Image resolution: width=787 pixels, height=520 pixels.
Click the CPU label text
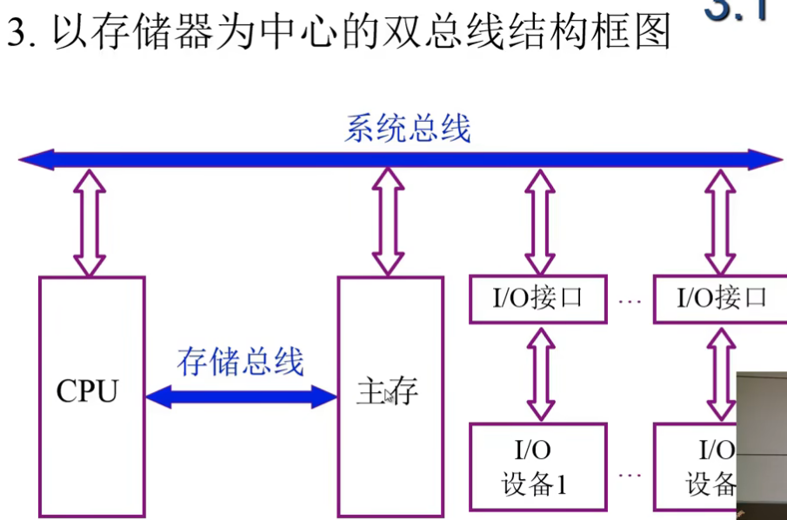[87, 392]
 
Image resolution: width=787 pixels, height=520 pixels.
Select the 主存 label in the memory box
[387, 393]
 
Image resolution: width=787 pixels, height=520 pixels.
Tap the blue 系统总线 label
[407, 129]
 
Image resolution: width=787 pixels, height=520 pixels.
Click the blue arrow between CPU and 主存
[241, 397]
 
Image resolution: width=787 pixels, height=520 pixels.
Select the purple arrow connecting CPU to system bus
[89, 222]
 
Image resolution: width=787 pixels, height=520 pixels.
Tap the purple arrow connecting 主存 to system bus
[388, 222]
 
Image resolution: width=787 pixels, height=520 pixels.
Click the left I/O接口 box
[537, 299]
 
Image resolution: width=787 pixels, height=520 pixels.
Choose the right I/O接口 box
[720, 299]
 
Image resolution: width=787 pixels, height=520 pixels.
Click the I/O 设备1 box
[537, 467]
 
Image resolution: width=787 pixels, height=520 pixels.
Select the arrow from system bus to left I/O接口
[540, 222]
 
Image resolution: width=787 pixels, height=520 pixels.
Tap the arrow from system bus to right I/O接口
[720, 222]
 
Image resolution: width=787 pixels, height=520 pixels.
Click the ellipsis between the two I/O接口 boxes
[630, 301]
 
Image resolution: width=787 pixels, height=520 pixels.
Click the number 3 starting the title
[15, 35]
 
